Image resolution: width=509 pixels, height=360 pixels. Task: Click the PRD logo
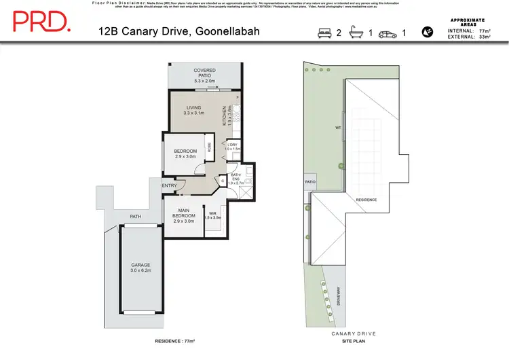(x=41, y=22)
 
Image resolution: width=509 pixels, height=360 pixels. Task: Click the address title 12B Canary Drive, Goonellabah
(x=179, y=32)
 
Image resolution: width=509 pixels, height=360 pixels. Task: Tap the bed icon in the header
(x=324, y=32)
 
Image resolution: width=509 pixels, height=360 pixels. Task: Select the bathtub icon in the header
(x=356, y=32)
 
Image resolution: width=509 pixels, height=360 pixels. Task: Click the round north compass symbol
(x=428, y=31)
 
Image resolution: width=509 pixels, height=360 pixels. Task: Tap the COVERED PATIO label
(x=204, y=75)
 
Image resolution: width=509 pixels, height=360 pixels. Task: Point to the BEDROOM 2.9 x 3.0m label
(x=185, y=154)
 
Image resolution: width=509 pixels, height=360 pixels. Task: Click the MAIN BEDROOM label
(x=184, y=215)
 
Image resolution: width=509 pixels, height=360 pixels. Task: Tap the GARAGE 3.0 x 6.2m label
(x=141, y=267)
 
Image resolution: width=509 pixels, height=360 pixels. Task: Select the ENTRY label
(x=170, y=185)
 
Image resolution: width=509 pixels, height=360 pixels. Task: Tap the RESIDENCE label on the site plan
(x=367, y=199)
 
